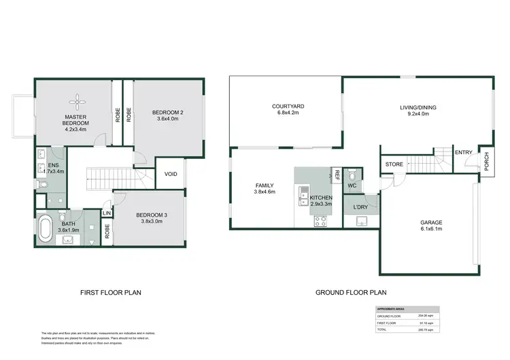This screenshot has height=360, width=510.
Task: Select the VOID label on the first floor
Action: pyautogui.click(x=171, y=175)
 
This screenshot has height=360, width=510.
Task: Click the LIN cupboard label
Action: pyautogui.click(x=106, y=213)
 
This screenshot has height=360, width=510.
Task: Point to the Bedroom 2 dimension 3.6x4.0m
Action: pyautogui.click(x=167, y=120)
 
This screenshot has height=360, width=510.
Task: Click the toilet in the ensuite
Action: pyautogui.click(x=42, y=183)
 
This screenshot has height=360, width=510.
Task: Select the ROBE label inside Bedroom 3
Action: pyautogui.click(x=107, y=231)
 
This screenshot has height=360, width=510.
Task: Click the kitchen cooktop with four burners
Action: pyautogui.click(x=319, y=220)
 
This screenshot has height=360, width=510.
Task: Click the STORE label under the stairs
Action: pyautogui.click(x=394, y=164)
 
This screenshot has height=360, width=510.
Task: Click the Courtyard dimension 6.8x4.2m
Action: pyautogui.click(x=287, y=113)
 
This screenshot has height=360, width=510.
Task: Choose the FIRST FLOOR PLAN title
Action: pyautogui.click(x=110, y=293)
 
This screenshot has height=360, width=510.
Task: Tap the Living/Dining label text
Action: pyautogui.click(x=418, y=107)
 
